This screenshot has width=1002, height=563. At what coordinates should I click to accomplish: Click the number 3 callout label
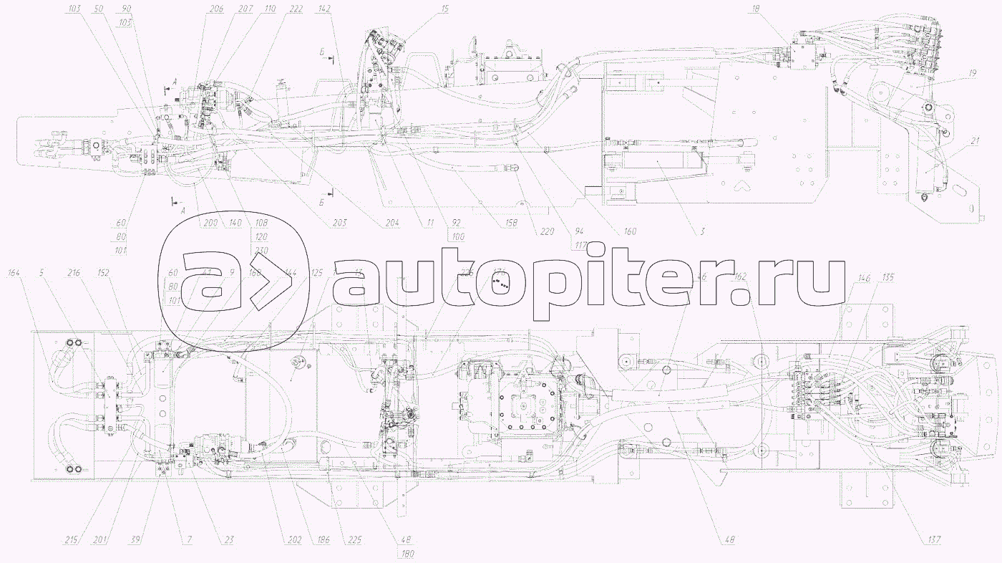click(x=702, y=231)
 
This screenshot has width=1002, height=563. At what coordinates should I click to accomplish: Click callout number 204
click(x=391, y=223)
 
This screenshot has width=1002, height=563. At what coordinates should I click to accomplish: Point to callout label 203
click(x=339, y=223)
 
